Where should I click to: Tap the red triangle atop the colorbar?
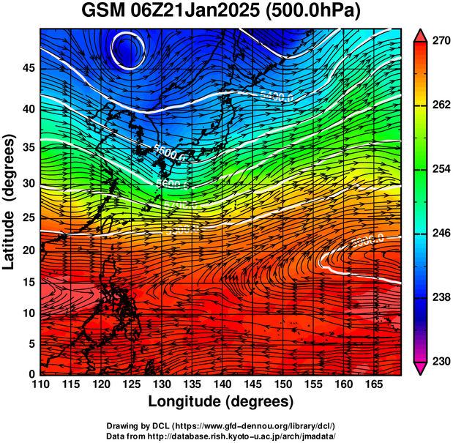coord(421,35)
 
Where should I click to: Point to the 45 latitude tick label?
coord(29,68)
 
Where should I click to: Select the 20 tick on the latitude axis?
coord(29,250)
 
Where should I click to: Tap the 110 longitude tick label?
coord(40,385)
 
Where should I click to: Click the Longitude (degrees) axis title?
coord(221,401)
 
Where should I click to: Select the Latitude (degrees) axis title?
coord(10,205)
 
